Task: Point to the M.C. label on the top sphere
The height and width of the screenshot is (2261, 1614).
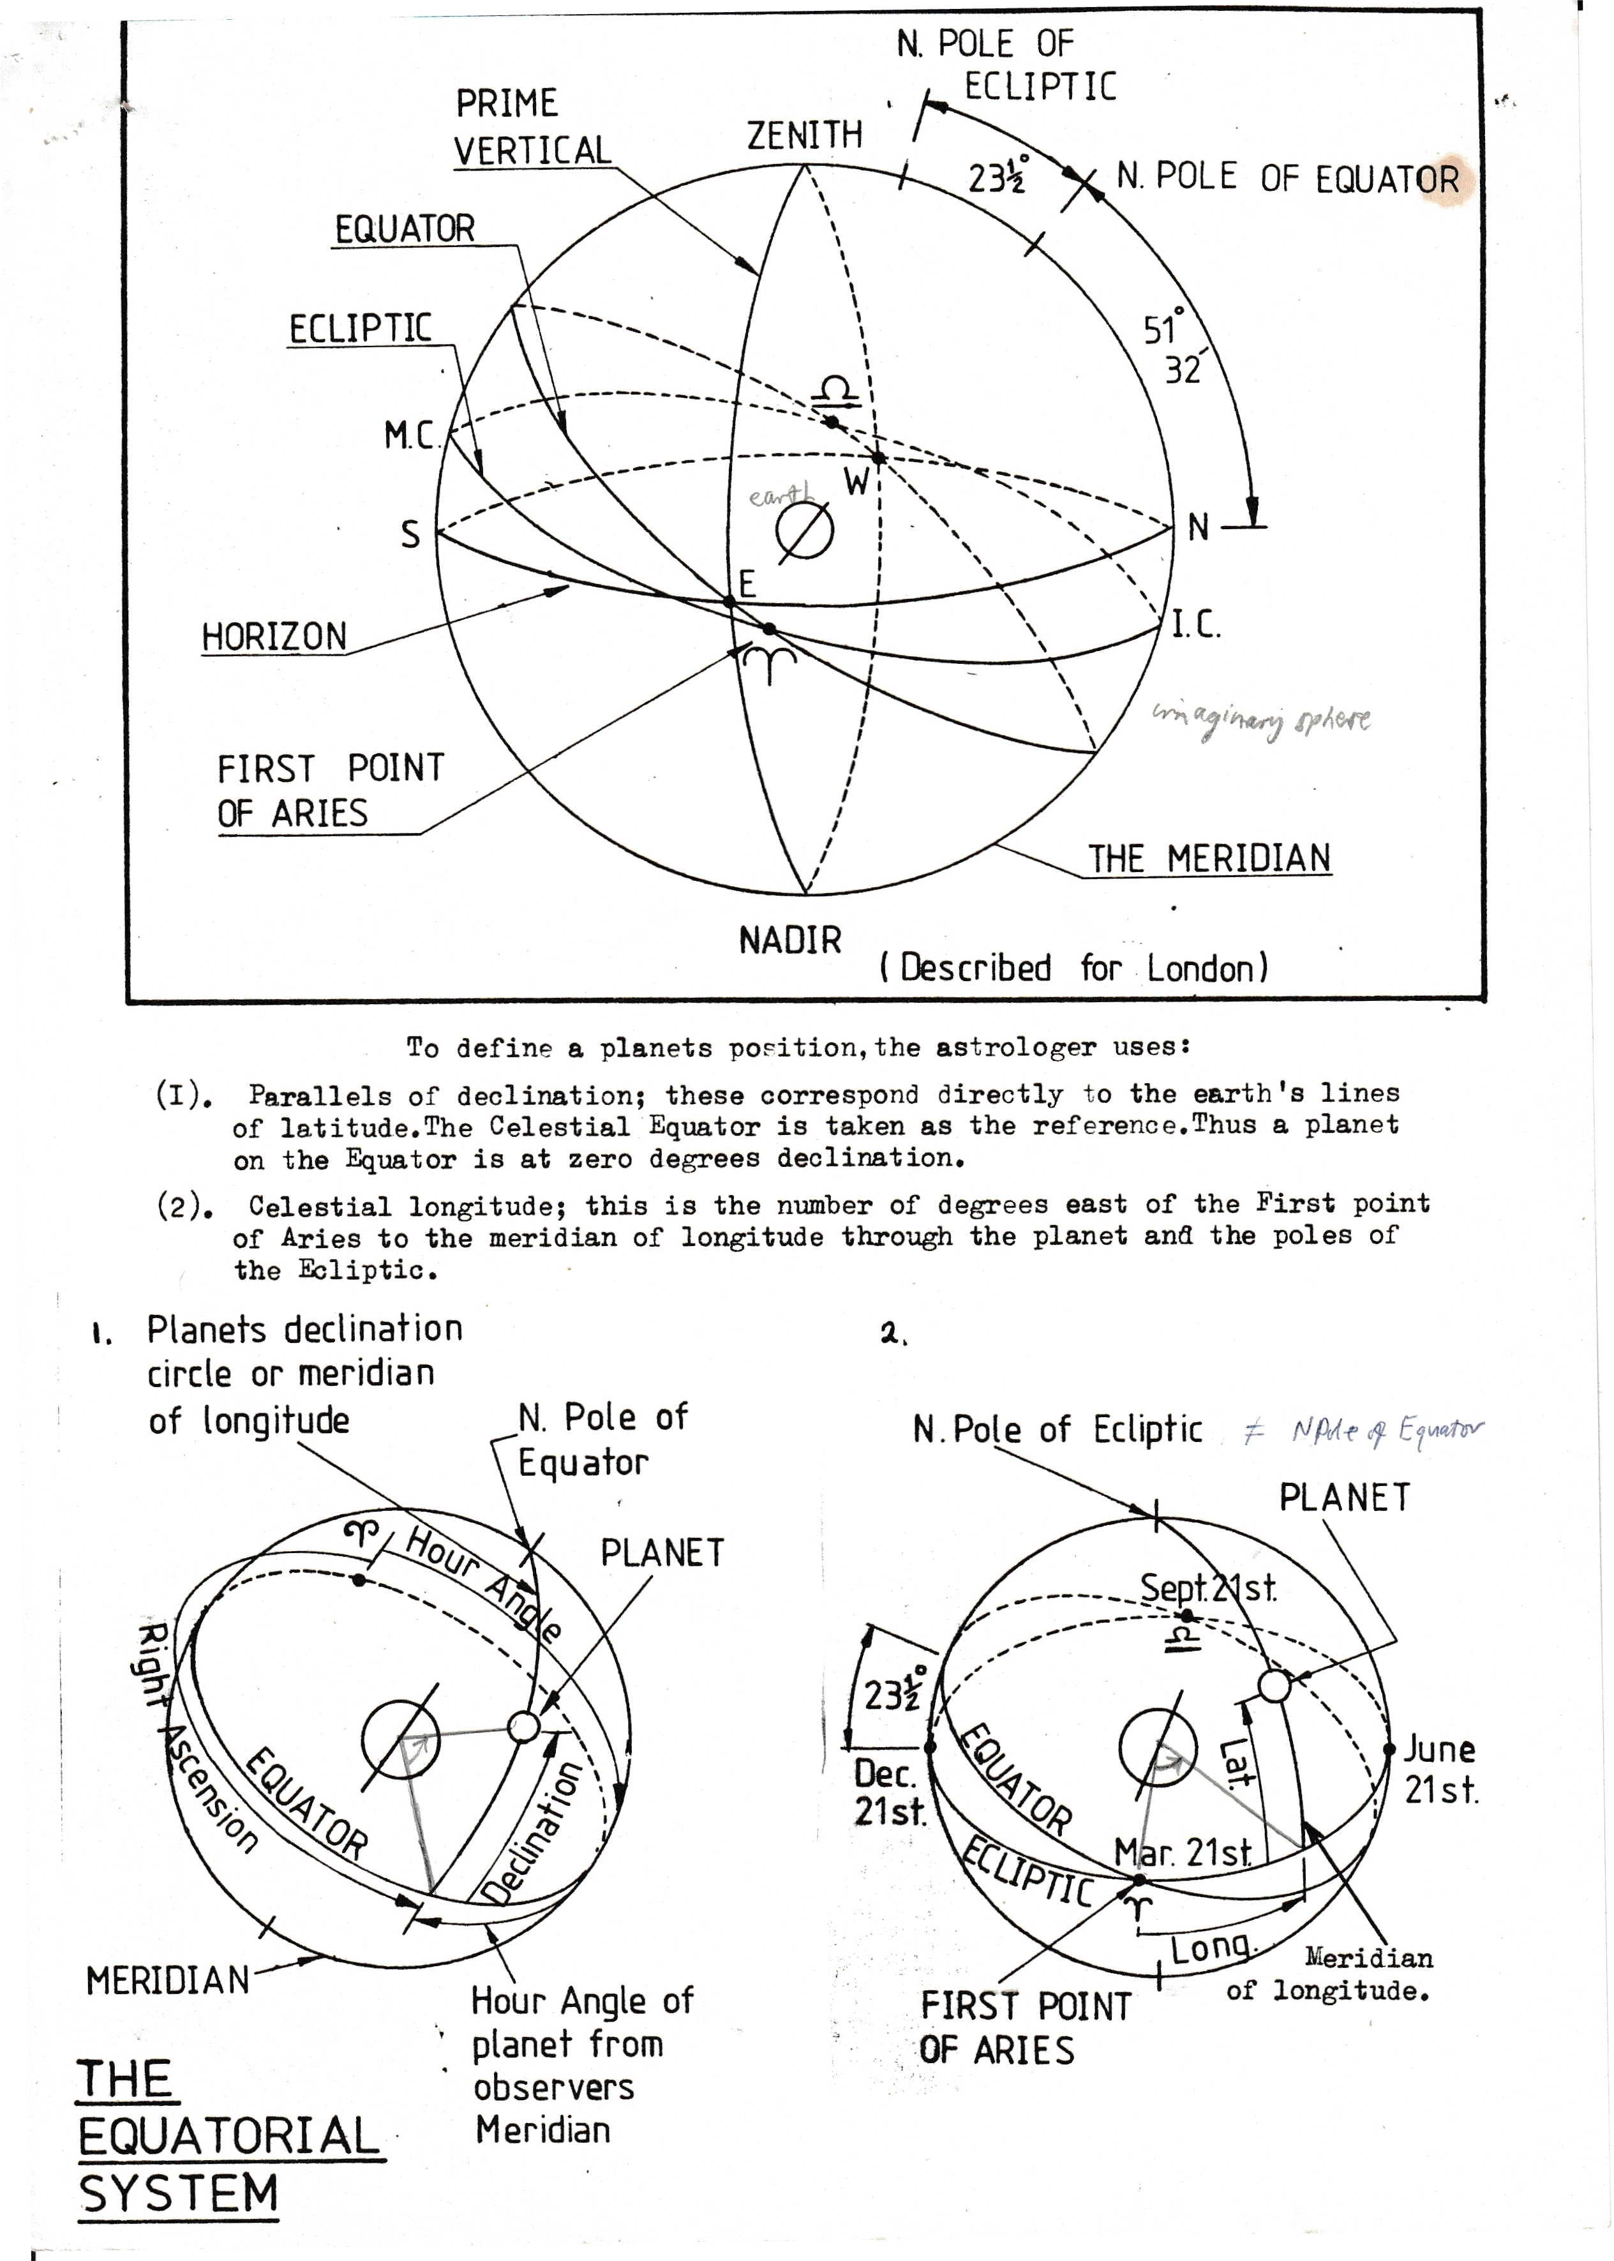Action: (x=410, y=435)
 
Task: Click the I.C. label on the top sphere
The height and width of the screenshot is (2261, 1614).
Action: (x=1195, y=625)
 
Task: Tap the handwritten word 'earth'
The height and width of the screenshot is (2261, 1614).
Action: (x=780, y=495)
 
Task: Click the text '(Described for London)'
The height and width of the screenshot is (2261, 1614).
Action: (x=1073, y=968)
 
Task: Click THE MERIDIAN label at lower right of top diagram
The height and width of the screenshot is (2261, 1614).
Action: (x=1209, y=859)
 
